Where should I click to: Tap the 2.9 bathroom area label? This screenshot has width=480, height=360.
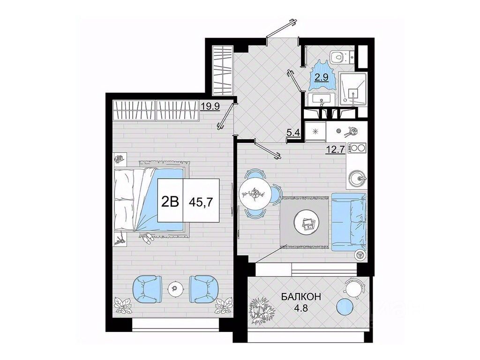(322, 77)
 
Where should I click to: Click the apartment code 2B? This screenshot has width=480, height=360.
(170, 202)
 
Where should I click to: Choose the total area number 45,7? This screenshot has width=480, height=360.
(201, 202)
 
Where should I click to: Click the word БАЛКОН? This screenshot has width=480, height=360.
(301, 296)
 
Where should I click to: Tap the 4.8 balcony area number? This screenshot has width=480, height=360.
(301, 307)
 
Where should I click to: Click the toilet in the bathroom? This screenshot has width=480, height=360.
(342, 57)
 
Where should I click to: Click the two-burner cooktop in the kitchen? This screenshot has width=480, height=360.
(357, 148)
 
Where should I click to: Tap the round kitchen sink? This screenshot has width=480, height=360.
(357, 178)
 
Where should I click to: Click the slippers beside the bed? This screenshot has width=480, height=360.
(148, 238)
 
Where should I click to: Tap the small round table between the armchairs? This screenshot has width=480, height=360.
(175, 288)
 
